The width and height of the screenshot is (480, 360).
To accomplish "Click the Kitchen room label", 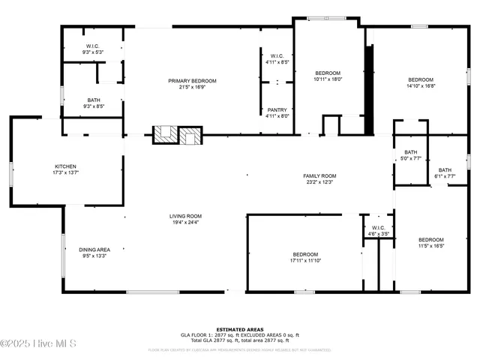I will pos(65,166).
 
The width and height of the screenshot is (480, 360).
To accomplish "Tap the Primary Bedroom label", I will pos(192,81).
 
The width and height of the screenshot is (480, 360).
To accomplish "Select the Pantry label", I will pos(277,109).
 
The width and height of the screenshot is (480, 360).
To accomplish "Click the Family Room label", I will pos(319,175).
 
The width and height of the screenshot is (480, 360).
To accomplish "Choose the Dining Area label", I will pos(94,250).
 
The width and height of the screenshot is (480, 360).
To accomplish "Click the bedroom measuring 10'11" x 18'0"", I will pos(327,73).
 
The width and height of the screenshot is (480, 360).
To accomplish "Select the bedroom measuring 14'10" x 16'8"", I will pos(421,80).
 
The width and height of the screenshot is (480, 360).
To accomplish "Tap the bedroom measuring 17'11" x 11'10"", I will pos(305,254).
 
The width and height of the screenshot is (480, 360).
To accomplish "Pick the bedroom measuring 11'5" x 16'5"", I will pos(431,239).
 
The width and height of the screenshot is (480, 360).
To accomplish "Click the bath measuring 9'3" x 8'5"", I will pos(94,100).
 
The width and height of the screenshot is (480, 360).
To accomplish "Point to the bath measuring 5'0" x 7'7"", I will pos(410,152).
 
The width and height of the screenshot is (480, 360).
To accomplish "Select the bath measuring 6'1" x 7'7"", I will pos(445,169).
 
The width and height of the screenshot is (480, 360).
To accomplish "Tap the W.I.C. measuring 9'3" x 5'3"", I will pos(94,46).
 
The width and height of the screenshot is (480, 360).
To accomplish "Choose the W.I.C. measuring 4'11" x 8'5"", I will pos(277,57).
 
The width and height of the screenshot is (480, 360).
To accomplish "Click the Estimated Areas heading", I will pos(240,329).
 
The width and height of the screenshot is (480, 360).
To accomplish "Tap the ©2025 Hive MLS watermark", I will pos(39,344).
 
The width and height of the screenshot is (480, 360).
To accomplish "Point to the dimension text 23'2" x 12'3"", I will pos(319,181).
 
